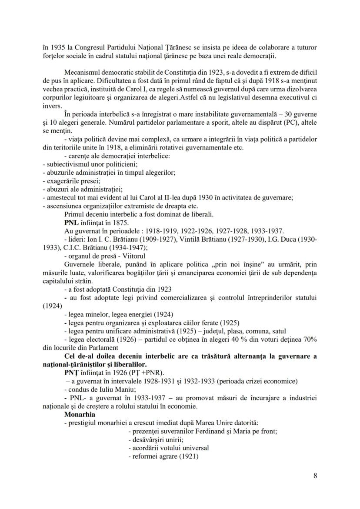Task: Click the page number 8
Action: [x=315, y=476]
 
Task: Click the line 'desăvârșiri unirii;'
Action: [x=156, y=440]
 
